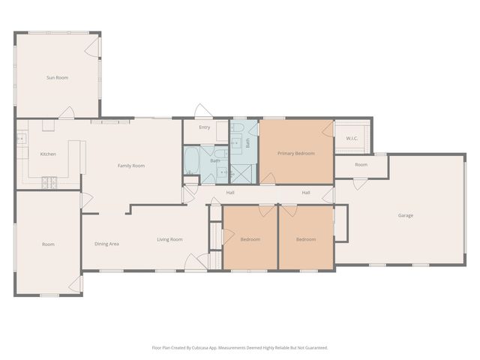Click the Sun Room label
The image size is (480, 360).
click(57, 78)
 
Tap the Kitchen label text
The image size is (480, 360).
click(48, 154)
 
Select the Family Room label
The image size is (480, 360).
click(131, 166)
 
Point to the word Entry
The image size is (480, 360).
click(205, 127)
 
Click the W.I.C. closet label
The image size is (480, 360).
click(352, 138)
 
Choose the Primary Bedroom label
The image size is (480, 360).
click(296, 153)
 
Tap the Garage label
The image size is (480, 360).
click(406, 215)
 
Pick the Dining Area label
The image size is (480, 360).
click(106, 244)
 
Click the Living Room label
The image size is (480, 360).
click(169, 239)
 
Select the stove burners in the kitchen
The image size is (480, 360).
click(49, 183)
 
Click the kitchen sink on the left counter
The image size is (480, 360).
click(21, 139)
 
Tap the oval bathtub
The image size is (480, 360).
click(192, 160)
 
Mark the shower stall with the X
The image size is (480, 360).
click(241, 174)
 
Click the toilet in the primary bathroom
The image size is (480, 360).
click(237, 127)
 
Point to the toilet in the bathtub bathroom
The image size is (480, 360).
click(220, 153)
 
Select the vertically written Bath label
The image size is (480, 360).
click(247, 143)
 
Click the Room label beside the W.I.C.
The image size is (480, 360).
click(361, 165)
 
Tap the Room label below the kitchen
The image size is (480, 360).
click(48, 244)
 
